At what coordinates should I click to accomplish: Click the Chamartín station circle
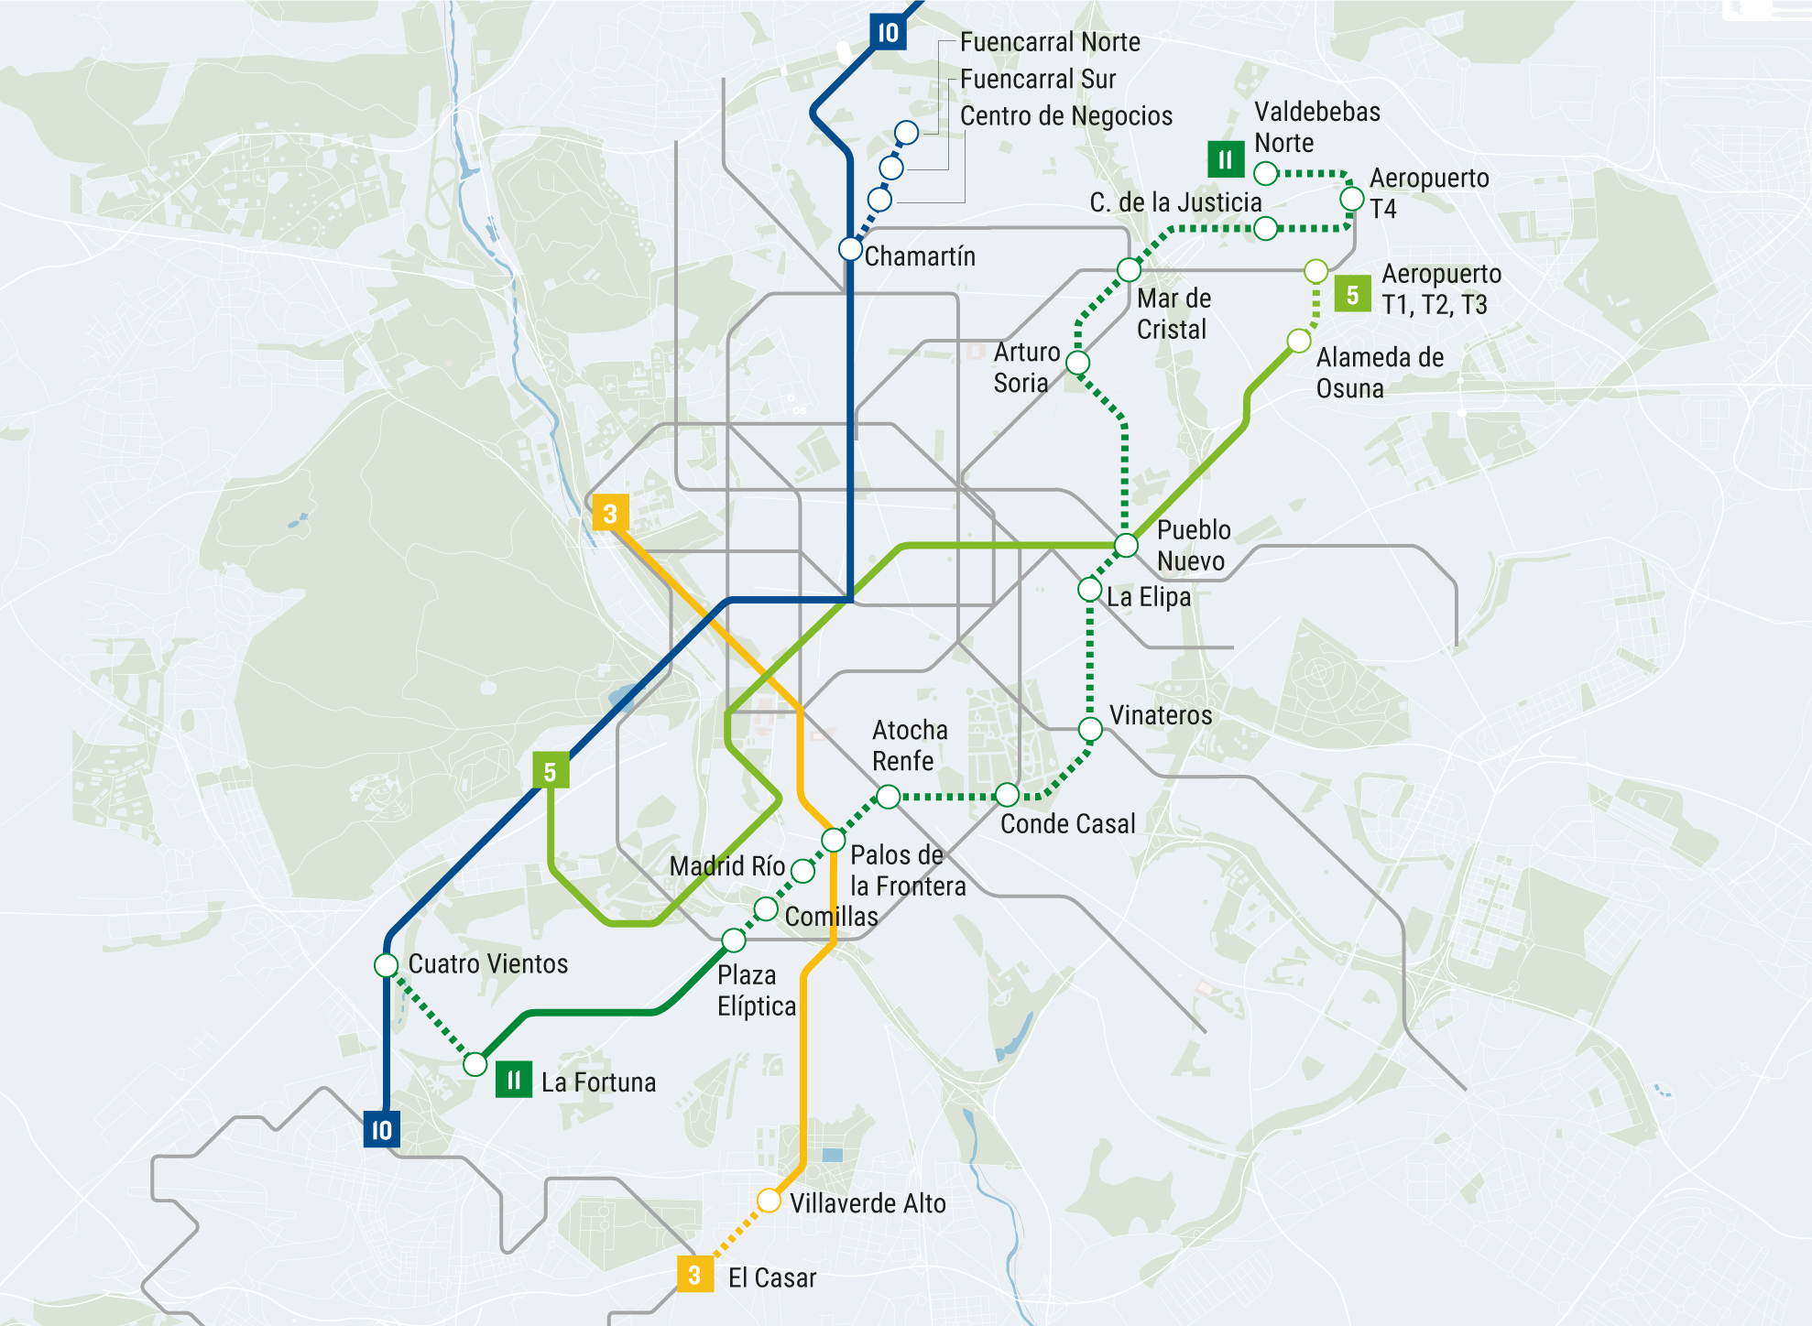[x=850, y=248]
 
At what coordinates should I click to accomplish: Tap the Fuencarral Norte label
[x=1050, y=42]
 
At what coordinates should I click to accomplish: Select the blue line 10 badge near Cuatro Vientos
[x=381, y=1130]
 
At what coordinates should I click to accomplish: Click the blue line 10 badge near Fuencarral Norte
[x=888, y=33]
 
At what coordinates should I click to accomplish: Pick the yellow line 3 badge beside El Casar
[x=694, y=1275]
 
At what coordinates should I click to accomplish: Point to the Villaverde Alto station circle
[x=769, y=1201]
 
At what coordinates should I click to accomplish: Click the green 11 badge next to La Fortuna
[x=513, y=1081]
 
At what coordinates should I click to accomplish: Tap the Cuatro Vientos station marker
[x=386, y=965]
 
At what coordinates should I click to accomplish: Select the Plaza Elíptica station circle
[x=734, y=940]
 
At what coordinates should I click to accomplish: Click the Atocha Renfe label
[x=910, y=745]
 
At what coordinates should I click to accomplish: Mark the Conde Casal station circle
[x=1007, y=795]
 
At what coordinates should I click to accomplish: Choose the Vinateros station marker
[x=1090, y=729]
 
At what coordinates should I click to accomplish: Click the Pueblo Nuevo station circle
[x=1126, y=546]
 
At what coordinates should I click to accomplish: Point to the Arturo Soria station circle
[x=1078, y=363]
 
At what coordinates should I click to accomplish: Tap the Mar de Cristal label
[x=1173, y=314]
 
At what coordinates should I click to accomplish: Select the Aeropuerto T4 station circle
[x=1352, y=199]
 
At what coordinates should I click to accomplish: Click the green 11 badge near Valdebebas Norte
[x=1225, y=160]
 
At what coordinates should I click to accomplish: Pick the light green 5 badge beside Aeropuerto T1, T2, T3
[x=1352, y=295]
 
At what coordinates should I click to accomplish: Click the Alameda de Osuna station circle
[x=1299, y=342]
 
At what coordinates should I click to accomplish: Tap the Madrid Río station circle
[x=802, y=871]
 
